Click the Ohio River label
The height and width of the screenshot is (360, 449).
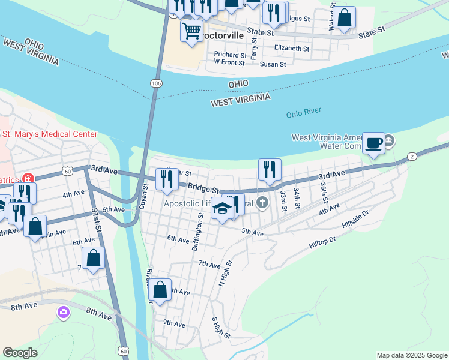click(x=304, y=112)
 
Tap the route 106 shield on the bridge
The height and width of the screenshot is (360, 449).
click(x=157, y=83)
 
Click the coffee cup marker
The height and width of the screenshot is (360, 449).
click(x=373, y=143)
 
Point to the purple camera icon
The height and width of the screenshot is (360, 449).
click(x=64, y=312)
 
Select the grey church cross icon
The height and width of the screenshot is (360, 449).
click(x=262, y=203)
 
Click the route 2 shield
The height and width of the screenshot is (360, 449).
click(x=412, y=157)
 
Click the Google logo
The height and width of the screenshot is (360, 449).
click(x=20, y=353)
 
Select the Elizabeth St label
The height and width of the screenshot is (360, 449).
click(x=291, y=49)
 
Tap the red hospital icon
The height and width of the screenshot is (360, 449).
click(x=27, y=178)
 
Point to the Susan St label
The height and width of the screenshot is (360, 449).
click(x=272, y=63)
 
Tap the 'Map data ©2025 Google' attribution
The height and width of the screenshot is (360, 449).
click(x=412, y=355)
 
